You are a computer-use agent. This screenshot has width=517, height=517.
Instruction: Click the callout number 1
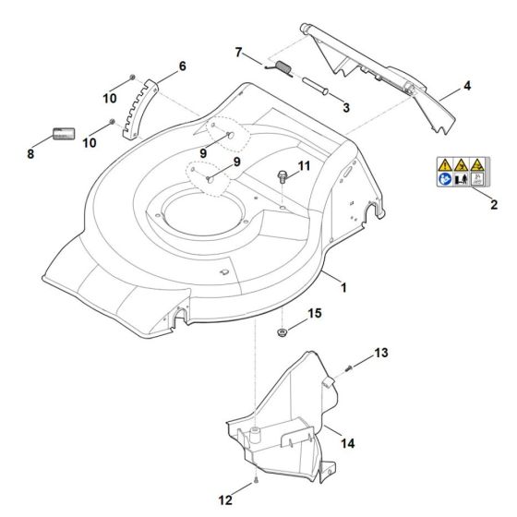point(344,289)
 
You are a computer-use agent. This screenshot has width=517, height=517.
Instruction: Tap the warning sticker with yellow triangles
point(460,172)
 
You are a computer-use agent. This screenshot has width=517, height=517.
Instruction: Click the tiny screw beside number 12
point(252,487)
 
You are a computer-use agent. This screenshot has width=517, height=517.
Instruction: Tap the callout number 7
point(239,54)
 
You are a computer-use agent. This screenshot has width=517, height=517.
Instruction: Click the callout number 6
point(181,66)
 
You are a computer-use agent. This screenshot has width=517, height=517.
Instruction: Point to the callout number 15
point(315,315)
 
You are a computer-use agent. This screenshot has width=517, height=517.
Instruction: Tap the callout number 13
point(382,354)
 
